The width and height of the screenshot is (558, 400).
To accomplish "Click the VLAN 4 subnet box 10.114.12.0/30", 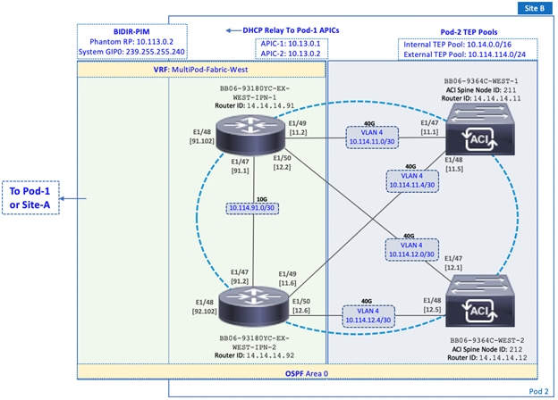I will tap(412, 248).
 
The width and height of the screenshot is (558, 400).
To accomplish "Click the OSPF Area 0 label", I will tap(306, 372).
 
